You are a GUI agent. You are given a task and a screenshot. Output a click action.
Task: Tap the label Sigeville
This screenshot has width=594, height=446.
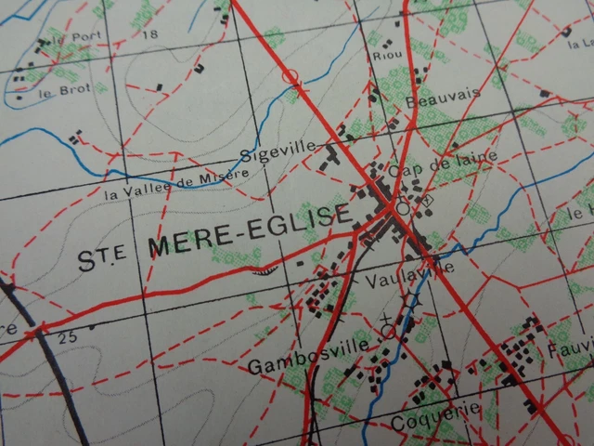tap(270, 153)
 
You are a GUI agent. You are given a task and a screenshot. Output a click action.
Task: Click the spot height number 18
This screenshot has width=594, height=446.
tap(152, 34)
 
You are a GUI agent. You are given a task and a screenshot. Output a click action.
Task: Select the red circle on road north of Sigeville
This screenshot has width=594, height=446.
tap(291, 73)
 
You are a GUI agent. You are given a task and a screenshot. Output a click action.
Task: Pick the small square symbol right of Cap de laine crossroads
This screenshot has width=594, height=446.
tap(427, 200)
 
